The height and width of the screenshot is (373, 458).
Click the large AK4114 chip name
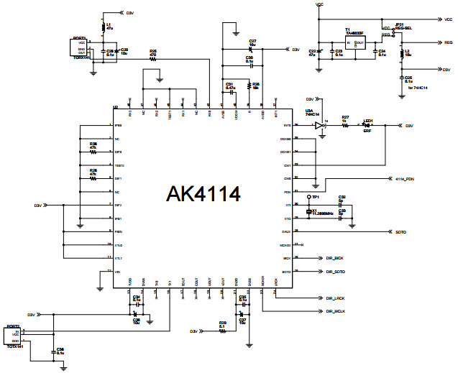coord(203,194)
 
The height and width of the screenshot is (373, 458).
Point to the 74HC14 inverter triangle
coord(319,126)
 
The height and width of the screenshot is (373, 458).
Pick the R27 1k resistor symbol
coord(346,126)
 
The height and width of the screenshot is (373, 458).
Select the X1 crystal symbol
coord(310,213)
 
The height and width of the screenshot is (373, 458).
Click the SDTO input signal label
coord(401,231)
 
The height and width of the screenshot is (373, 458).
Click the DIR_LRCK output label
coord(335,298)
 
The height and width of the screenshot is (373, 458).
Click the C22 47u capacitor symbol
coord(320,52)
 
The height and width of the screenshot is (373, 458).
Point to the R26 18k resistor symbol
coord(249,87)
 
